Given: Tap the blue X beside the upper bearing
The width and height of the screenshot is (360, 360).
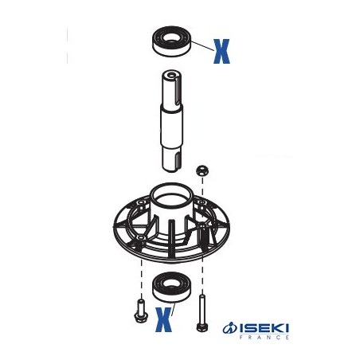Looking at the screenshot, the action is (221, 51).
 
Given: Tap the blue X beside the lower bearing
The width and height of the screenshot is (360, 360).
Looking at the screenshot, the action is (163, 319).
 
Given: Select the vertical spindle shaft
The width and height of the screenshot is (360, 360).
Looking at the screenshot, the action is (172, 121).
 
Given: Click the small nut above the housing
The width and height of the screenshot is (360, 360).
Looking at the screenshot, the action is (202, 170).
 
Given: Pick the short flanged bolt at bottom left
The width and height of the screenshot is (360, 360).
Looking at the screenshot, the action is (141, 311).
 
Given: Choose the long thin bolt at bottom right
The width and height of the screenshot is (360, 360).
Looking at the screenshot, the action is (202, 313).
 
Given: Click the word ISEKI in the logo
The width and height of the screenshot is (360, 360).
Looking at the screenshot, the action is (264, 328).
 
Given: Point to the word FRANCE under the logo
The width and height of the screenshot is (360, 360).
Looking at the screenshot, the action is (264, 337).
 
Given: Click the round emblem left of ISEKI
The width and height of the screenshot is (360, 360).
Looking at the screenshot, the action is (229, 328).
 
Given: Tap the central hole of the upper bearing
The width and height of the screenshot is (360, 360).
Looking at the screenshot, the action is (172, 37).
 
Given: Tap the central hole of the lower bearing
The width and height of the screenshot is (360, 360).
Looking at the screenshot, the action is (170, 283).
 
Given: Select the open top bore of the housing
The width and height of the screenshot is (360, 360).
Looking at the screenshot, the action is (170, 197).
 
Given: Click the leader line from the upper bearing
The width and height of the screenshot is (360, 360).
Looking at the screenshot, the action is (202, 46).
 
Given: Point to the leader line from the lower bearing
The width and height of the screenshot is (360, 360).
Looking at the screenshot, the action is (173, 308).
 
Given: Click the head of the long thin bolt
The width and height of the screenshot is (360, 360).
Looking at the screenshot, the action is (202, 327).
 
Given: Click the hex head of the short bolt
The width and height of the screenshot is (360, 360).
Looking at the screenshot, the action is (141, 318).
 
